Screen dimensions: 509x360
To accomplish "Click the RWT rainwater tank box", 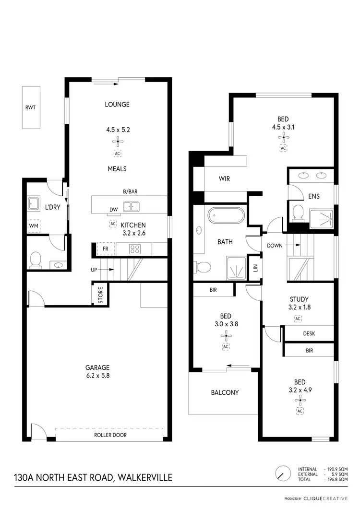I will [30, 107].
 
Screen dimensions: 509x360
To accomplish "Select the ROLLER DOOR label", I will [110, 436].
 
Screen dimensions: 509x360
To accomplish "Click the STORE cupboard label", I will [101, 295].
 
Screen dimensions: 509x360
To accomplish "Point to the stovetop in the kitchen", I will [135, 249].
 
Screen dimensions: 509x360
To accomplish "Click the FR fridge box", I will [106, 249].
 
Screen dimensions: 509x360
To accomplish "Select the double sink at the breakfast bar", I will [131, 207].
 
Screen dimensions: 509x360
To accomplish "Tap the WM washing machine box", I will [34, 225].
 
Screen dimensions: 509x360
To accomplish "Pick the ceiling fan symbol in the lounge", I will [118, 141].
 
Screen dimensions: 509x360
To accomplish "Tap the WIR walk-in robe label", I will [224, 179].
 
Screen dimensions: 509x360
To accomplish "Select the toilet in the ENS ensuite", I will [298, 212].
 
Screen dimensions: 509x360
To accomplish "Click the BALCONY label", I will [225, 392].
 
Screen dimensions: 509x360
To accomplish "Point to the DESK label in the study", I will [309, 333].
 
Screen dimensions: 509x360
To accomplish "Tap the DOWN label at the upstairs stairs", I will [275, 245].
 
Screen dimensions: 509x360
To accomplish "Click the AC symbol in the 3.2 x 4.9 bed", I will [300, 411].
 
